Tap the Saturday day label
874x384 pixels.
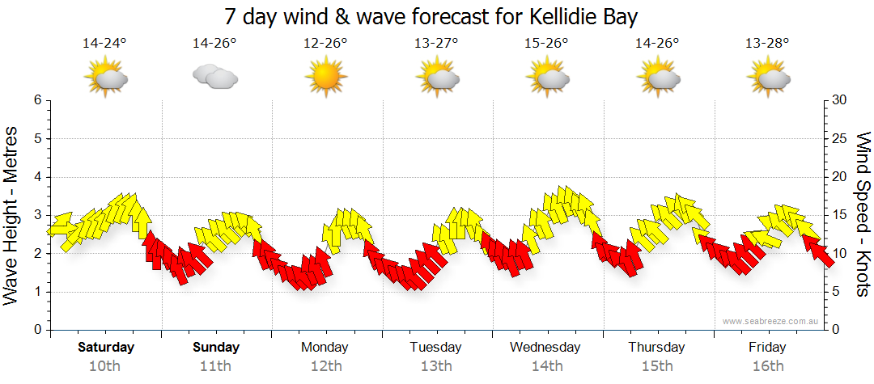[106, 348]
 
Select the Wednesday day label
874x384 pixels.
[545, 348]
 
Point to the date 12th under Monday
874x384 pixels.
[325, 366]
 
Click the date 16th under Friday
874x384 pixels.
[767, 366]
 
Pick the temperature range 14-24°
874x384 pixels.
[105, 44]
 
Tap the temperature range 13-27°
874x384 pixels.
[436, 44]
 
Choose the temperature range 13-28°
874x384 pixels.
[767, 44]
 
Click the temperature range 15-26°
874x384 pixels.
[547, 44]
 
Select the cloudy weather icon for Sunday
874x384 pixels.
[215, 77]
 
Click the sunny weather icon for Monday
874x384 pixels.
[325, 77]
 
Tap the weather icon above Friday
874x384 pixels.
[767, 77]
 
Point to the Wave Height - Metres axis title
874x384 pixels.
[12, 215]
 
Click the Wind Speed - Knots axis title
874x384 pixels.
[863, 215]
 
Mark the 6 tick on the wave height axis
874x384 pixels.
[37, 100]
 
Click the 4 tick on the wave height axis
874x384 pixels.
[37, 177]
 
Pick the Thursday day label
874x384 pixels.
[656, 348]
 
